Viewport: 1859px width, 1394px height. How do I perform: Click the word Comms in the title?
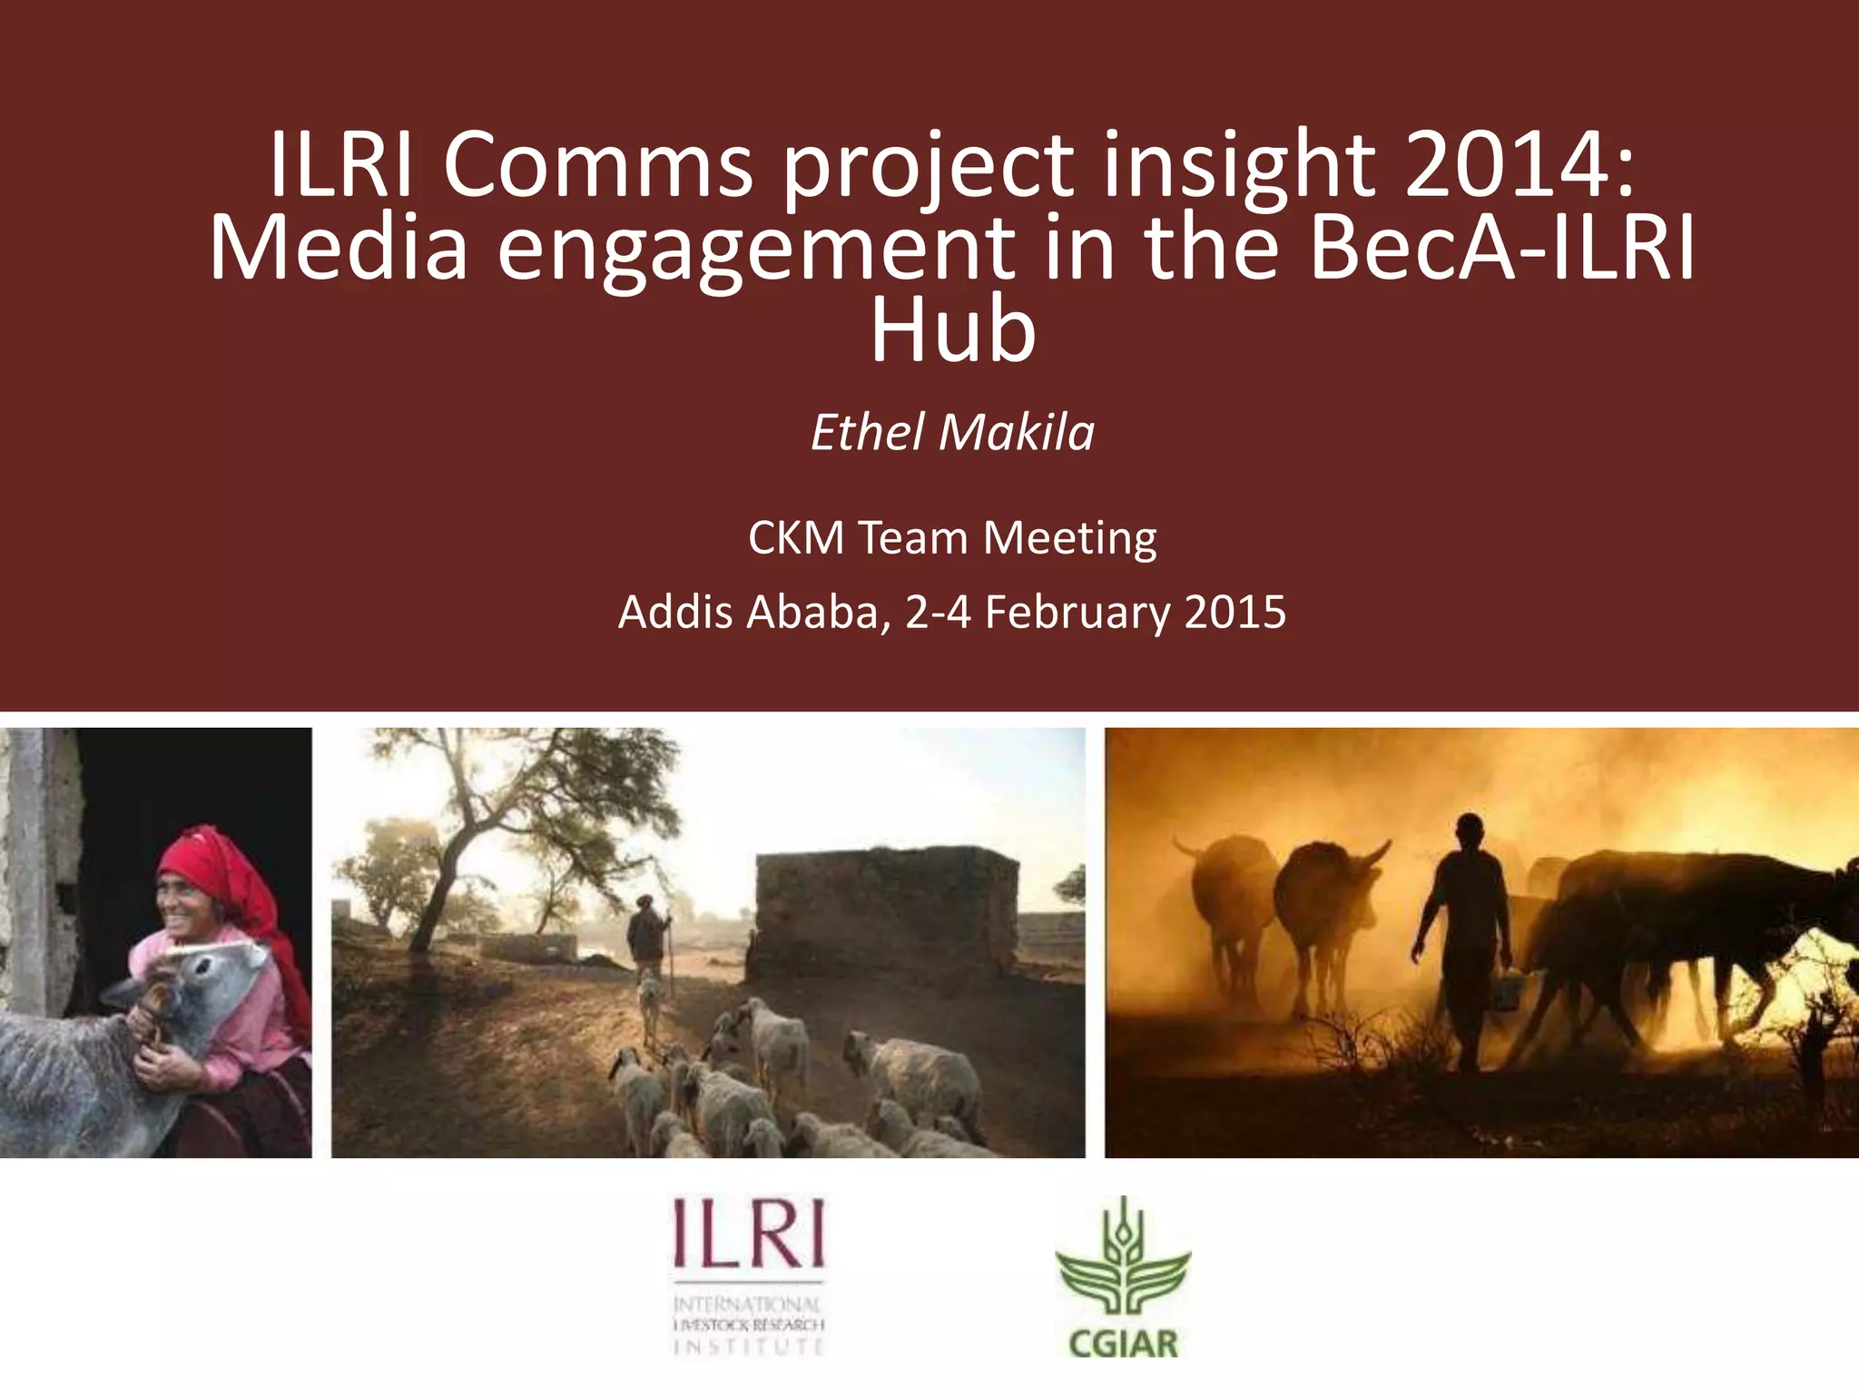(x=597, y=165)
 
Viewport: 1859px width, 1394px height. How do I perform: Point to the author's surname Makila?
(x=1016, y=432)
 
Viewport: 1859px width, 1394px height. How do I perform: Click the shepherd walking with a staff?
(x=647, y=935)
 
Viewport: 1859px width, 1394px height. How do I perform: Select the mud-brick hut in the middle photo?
(x=885, y=917)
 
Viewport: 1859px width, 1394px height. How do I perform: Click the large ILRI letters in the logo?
(x=749, y=1234)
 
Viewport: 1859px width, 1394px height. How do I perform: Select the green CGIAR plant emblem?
(x=1123, y=1257)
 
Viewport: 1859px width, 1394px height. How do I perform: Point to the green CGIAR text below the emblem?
(x=1123, y=1343)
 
